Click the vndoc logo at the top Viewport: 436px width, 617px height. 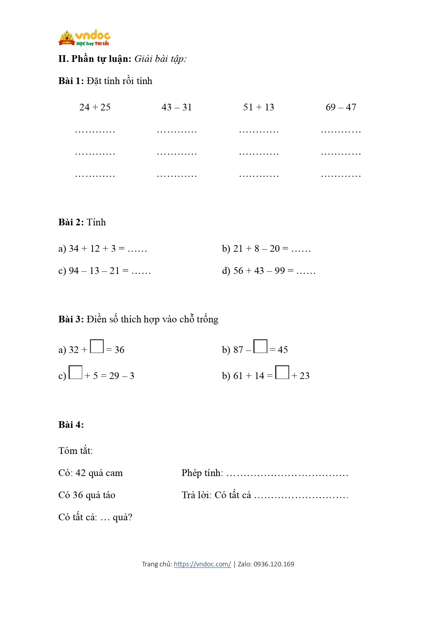click(84, 38)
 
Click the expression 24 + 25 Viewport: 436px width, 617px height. click(95, 107)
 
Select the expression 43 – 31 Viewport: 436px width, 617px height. click(176, 107)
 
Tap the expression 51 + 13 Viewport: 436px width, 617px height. click(259, 107)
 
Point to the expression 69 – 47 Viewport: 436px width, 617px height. click(341, 107)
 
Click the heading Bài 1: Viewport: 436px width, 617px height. click(71, 81)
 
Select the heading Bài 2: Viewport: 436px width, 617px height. click(71, 222)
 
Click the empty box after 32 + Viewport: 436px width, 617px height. click(97, 346)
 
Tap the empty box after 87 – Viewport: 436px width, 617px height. click(260, 346)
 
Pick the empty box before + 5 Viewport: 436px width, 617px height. click(76, 372)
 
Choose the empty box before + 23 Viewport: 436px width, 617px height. click(282, 372)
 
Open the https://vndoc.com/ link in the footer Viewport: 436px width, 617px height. click(202, 564)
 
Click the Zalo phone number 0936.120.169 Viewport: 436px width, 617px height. click(274, 564)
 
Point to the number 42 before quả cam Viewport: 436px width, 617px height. click(80, 473)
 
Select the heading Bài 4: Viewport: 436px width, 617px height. click(71, 425)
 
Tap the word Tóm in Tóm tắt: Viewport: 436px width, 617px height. click(66, 451)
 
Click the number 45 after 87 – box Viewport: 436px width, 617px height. click(283, 350)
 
